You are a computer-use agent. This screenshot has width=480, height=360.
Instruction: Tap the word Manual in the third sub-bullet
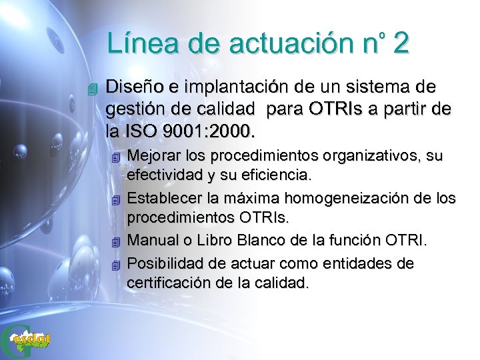(150, 240)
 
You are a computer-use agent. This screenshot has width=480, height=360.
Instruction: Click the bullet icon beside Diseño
(93, 89)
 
